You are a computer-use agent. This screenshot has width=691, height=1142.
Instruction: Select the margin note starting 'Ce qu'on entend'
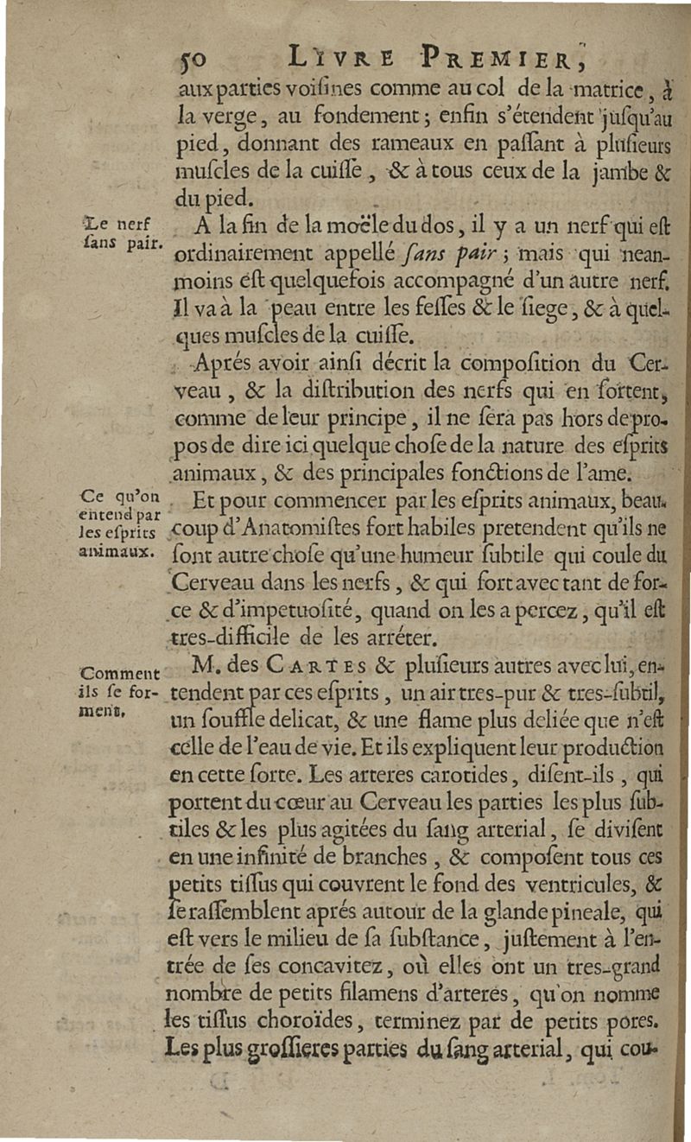tap(119, 523)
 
